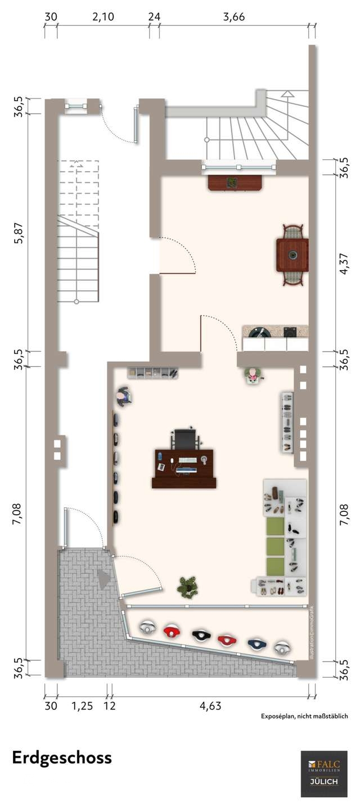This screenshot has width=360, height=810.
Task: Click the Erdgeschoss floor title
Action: click(x=62, y=758)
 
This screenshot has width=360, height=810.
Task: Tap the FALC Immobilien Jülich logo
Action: click(x=324, y=773)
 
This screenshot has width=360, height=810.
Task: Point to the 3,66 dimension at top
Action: click(x=233, y=17)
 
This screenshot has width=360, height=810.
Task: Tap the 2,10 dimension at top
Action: click(x=103, y=17)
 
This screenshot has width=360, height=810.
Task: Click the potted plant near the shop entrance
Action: click(x=187, y=587)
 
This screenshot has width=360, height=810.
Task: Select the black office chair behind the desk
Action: click(x=185, y=438)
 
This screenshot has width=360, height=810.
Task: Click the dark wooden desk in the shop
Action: click(x=184, y=468)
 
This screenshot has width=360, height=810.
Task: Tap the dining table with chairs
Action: click(x=292, y=255)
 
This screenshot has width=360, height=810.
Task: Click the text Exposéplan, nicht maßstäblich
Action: click(x=304, y=716)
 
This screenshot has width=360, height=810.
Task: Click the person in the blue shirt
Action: click(x=123, y=397)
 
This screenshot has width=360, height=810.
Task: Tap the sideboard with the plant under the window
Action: click(x=235, y=183)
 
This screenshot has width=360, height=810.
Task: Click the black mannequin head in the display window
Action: click(x=200, y=636)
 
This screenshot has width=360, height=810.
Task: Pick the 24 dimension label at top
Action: click(x=154, y=17)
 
